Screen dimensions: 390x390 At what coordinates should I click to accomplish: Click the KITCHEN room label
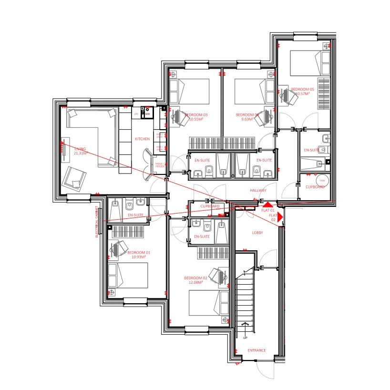pyautogui.click(x=142, y=139)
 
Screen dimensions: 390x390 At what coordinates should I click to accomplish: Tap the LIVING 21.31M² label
pyautogui.click(x=81, y=151)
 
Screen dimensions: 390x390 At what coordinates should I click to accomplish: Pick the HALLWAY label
pyautogui.click(x=258, y=190)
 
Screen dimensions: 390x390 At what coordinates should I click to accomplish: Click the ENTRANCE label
pyautogui.click(x=257, y=350)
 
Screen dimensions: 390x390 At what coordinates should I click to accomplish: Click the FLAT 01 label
pyautogui.click(x=268, y=210)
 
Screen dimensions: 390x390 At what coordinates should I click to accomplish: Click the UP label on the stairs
pyautogui.click(x=246, y=338)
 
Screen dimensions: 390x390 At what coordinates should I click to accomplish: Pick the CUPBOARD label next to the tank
pyautogui.click(x=315, y=187)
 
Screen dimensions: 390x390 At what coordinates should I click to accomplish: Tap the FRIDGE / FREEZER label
pyautogui.click(x=159, y=165)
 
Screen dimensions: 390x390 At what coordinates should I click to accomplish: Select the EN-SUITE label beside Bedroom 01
pyautogui.click(x=135, y=215)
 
